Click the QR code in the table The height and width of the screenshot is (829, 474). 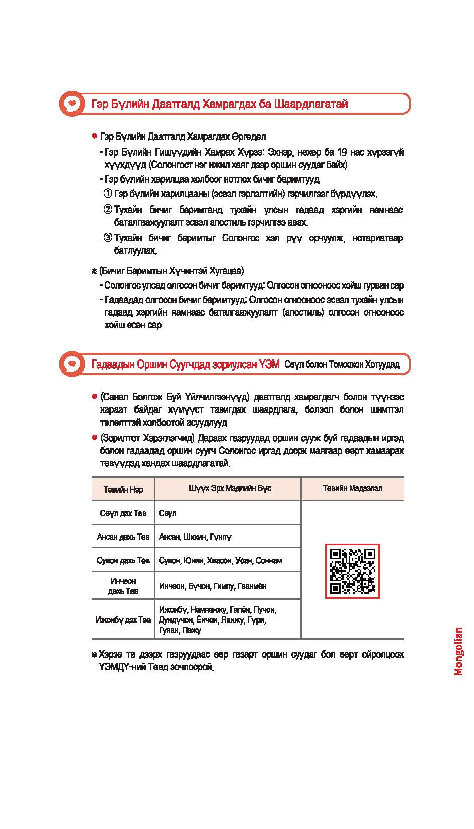352,571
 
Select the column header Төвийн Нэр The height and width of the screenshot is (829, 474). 123,489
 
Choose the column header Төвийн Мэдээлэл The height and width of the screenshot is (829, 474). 352,488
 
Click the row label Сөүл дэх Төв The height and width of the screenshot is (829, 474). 123,513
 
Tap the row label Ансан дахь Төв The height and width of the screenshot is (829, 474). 123,537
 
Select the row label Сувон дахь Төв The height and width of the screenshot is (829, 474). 123,560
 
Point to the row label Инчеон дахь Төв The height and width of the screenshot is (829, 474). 123,586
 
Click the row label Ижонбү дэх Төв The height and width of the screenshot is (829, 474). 123,620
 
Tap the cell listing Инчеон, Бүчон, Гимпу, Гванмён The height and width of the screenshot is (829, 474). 212,586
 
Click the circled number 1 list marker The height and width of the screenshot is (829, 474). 107,194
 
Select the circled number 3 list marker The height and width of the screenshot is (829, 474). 107,238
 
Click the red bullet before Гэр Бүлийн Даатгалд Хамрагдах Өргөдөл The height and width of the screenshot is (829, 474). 94,136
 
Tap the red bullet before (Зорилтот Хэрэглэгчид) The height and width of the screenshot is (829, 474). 94,438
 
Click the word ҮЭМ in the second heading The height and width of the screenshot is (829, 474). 269,364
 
